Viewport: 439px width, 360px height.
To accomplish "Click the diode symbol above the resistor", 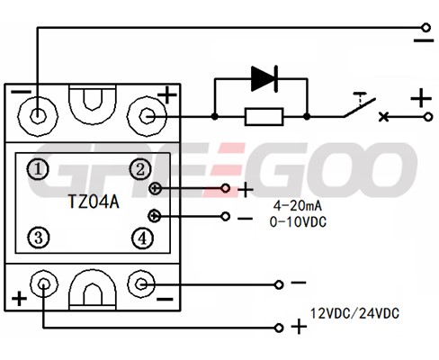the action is click(264, 78).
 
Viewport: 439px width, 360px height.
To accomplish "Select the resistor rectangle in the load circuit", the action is click(264, 117).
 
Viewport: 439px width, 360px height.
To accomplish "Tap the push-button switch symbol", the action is click(360, 105).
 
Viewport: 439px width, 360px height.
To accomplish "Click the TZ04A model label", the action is click(94, 202).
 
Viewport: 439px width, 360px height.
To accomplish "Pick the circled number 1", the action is click(38, 169).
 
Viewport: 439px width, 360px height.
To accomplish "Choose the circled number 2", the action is click(140, 169).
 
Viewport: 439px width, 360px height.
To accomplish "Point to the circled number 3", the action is click(39, 238).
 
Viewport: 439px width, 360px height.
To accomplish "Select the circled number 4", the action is click(142, 238).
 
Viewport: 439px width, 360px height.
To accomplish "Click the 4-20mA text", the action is click(298, 206).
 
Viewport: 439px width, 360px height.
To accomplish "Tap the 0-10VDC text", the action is click(298, 222).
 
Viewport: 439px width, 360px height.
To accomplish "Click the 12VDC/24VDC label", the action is click(354, 314).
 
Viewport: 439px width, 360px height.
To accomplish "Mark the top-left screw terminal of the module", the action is click(38, 116).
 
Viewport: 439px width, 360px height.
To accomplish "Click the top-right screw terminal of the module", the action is click(147, 116).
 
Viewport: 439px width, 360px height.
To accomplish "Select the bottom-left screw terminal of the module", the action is click(44, 283).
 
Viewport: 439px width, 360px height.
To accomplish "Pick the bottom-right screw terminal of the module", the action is click(141, 283).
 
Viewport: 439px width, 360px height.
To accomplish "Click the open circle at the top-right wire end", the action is click(426, 28).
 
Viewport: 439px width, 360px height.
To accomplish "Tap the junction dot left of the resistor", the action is click(214, 116).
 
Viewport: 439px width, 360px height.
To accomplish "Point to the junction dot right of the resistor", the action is click(307, 116).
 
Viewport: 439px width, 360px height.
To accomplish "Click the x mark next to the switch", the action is click(383, 117).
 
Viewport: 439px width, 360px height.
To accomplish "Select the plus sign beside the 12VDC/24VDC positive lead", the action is click(299, 327).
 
